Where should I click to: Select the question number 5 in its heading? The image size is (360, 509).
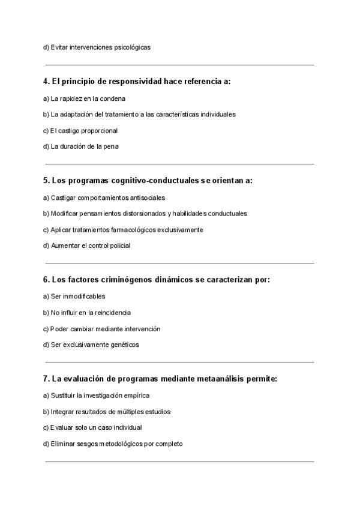[46, 180]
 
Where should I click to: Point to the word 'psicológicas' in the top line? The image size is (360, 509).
[132, 47]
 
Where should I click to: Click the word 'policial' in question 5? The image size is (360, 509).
[119, 245]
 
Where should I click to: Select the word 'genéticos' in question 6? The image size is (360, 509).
[124, 345]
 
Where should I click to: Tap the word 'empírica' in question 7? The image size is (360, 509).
[137, 396]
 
